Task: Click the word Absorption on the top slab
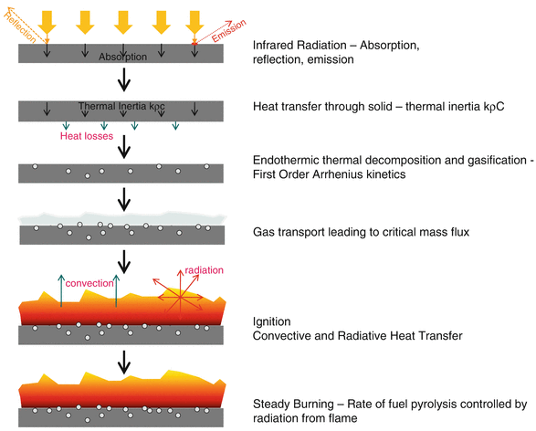tap(121, 57)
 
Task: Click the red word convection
tap(90, 282)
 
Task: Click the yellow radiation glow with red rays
tap(181, 294)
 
